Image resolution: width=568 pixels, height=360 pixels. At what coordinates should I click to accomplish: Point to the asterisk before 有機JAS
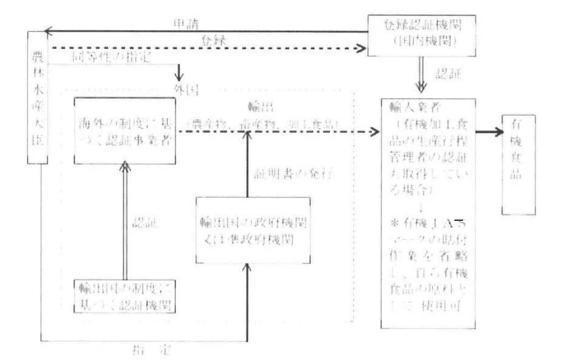click(x=391, y=221)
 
